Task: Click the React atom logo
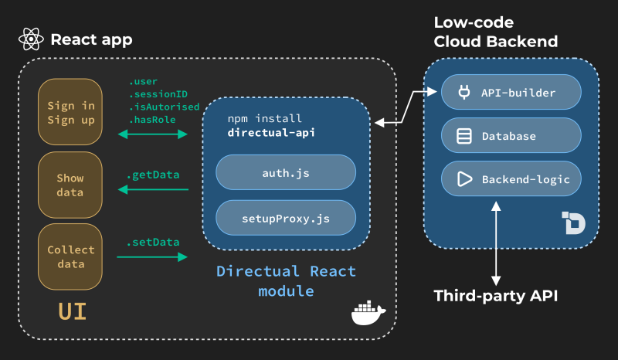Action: (30, 39)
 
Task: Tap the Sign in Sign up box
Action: (71, 113)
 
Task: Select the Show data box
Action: (71, 185)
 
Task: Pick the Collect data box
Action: (71, 256)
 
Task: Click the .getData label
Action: (153, 175)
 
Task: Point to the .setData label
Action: (153, 242)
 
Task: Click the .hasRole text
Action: (151, 120)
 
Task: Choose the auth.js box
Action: (285, 173)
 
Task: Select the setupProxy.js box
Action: (285, 219)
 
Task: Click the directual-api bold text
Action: (271, 133)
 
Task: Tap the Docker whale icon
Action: (368, 314)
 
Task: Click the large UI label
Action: (72, 311)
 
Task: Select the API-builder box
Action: (511, 93)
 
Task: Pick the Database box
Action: (511, 136)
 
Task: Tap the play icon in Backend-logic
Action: (464, 179)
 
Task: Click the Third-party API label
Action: (496, 296)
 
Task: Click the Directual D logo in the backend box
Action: (573, 222)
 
